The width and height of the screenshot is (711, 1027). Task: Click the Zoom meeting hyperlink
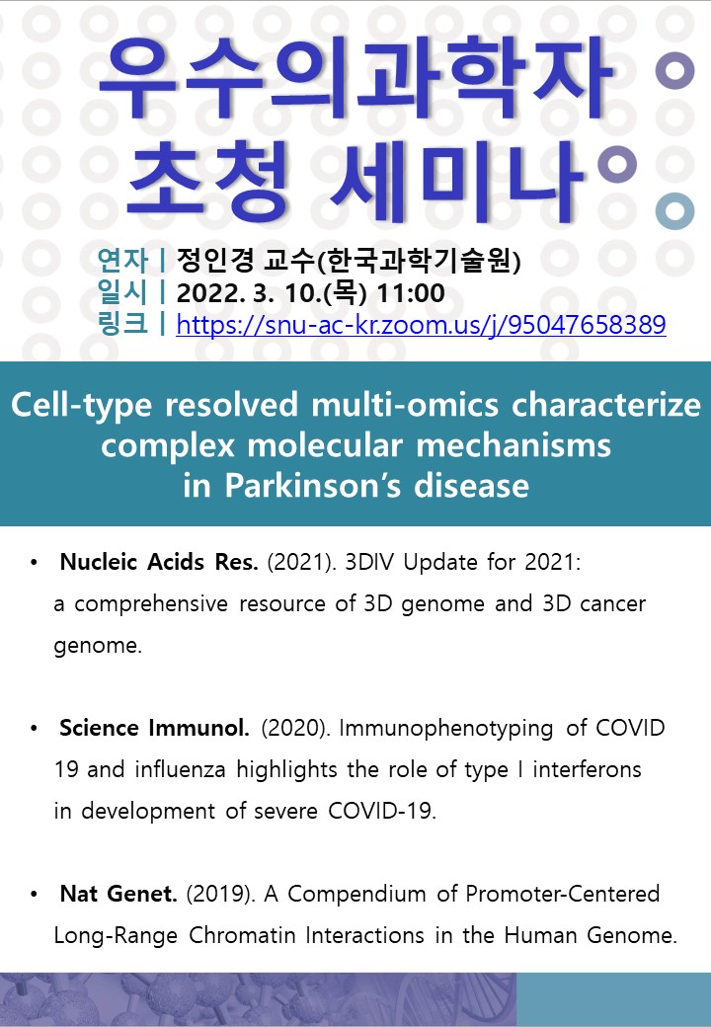point(421,325)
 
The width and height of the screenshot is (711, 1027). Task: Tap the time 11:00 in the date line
point(411,293)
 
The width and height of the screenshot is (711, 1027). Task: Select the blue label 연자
point(122,260)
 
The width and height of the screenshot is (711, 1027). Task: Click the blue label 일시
point(122,292)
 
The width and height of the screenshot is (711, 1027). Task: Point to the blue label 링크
point(122,324)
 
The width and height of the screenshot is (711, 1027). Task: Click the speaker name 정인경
point(214,260)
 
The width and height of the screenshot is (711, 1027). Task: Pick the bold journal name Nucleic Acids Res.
point(158,562)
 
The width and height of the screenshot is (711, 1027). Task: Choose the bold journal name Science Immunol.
point(154,728)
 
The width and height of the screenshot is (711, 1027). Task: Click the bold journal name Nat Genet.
point(118,894)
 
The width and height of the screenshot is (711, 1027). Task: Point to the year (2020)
point(295,729)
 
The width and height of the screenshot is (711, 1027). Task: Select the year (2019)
point(220,894)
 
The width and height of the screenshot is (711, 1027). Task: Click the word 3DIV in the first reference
point(370,562)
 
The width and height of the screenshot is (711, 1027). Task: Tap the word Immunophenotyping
point(445,729)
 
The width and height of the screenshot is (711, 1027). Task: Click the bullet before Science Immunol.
point(34,729)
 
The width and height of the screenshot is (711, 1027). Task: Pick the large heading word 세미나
point(456,180)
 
